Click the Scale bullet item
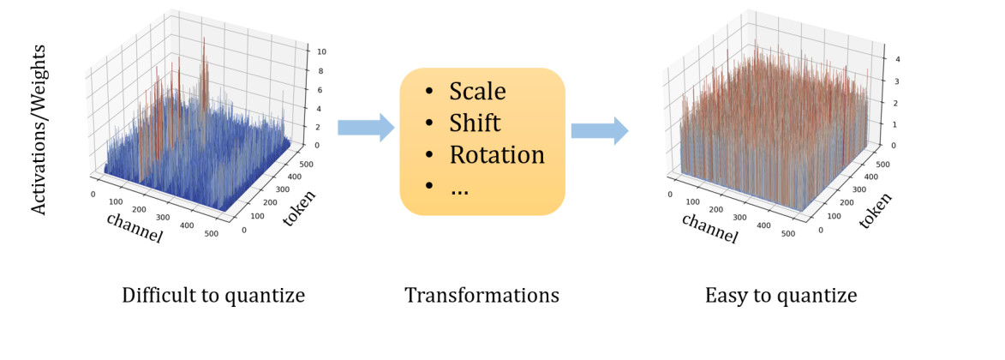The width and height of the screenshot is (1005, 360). [477, 92]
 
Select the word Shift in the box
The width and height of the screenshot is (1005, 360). [475, 123]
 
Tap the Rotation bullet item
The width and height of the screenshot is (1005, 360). [497, 155]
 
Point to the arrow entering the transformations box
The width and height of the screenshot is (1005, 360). [365, 128]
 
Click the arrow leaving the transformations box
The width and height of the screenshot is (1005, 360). [599, 129]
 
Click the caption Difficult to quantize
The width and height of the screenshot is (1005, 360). [213, 297]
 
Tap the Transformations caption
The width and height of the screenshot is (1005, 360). [482, 297]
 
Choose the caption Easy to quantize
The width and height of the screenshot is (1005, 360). [781, 297]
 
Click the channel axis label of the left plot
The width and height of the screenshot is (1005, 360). [134, 226]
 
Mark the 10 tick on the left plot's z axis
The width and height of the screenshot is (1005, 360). [321, 51]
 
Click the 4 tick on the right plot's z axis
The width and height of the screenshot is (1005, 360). [897, 60]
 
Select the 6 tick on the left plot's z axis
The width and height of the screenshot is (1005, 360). [320, 90]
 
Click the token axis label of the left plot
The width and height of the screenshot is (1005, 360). [299, 209]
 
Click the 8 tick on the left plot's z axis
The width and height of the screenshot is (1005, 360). [320, 71]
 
